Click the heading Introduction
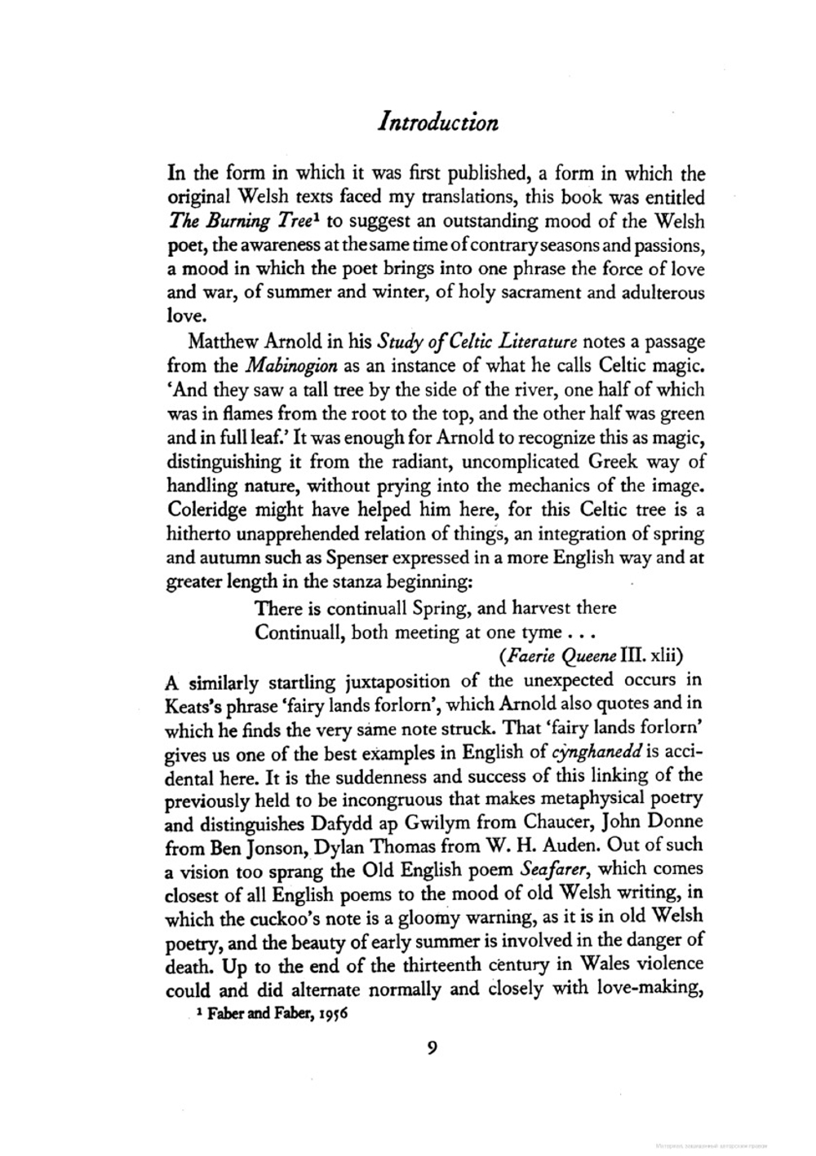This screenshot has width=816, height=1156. (438, 122)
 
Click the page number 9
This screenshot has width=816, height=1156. (432, 1048)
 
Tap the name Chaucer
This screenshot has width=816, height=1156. (561, 822)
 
